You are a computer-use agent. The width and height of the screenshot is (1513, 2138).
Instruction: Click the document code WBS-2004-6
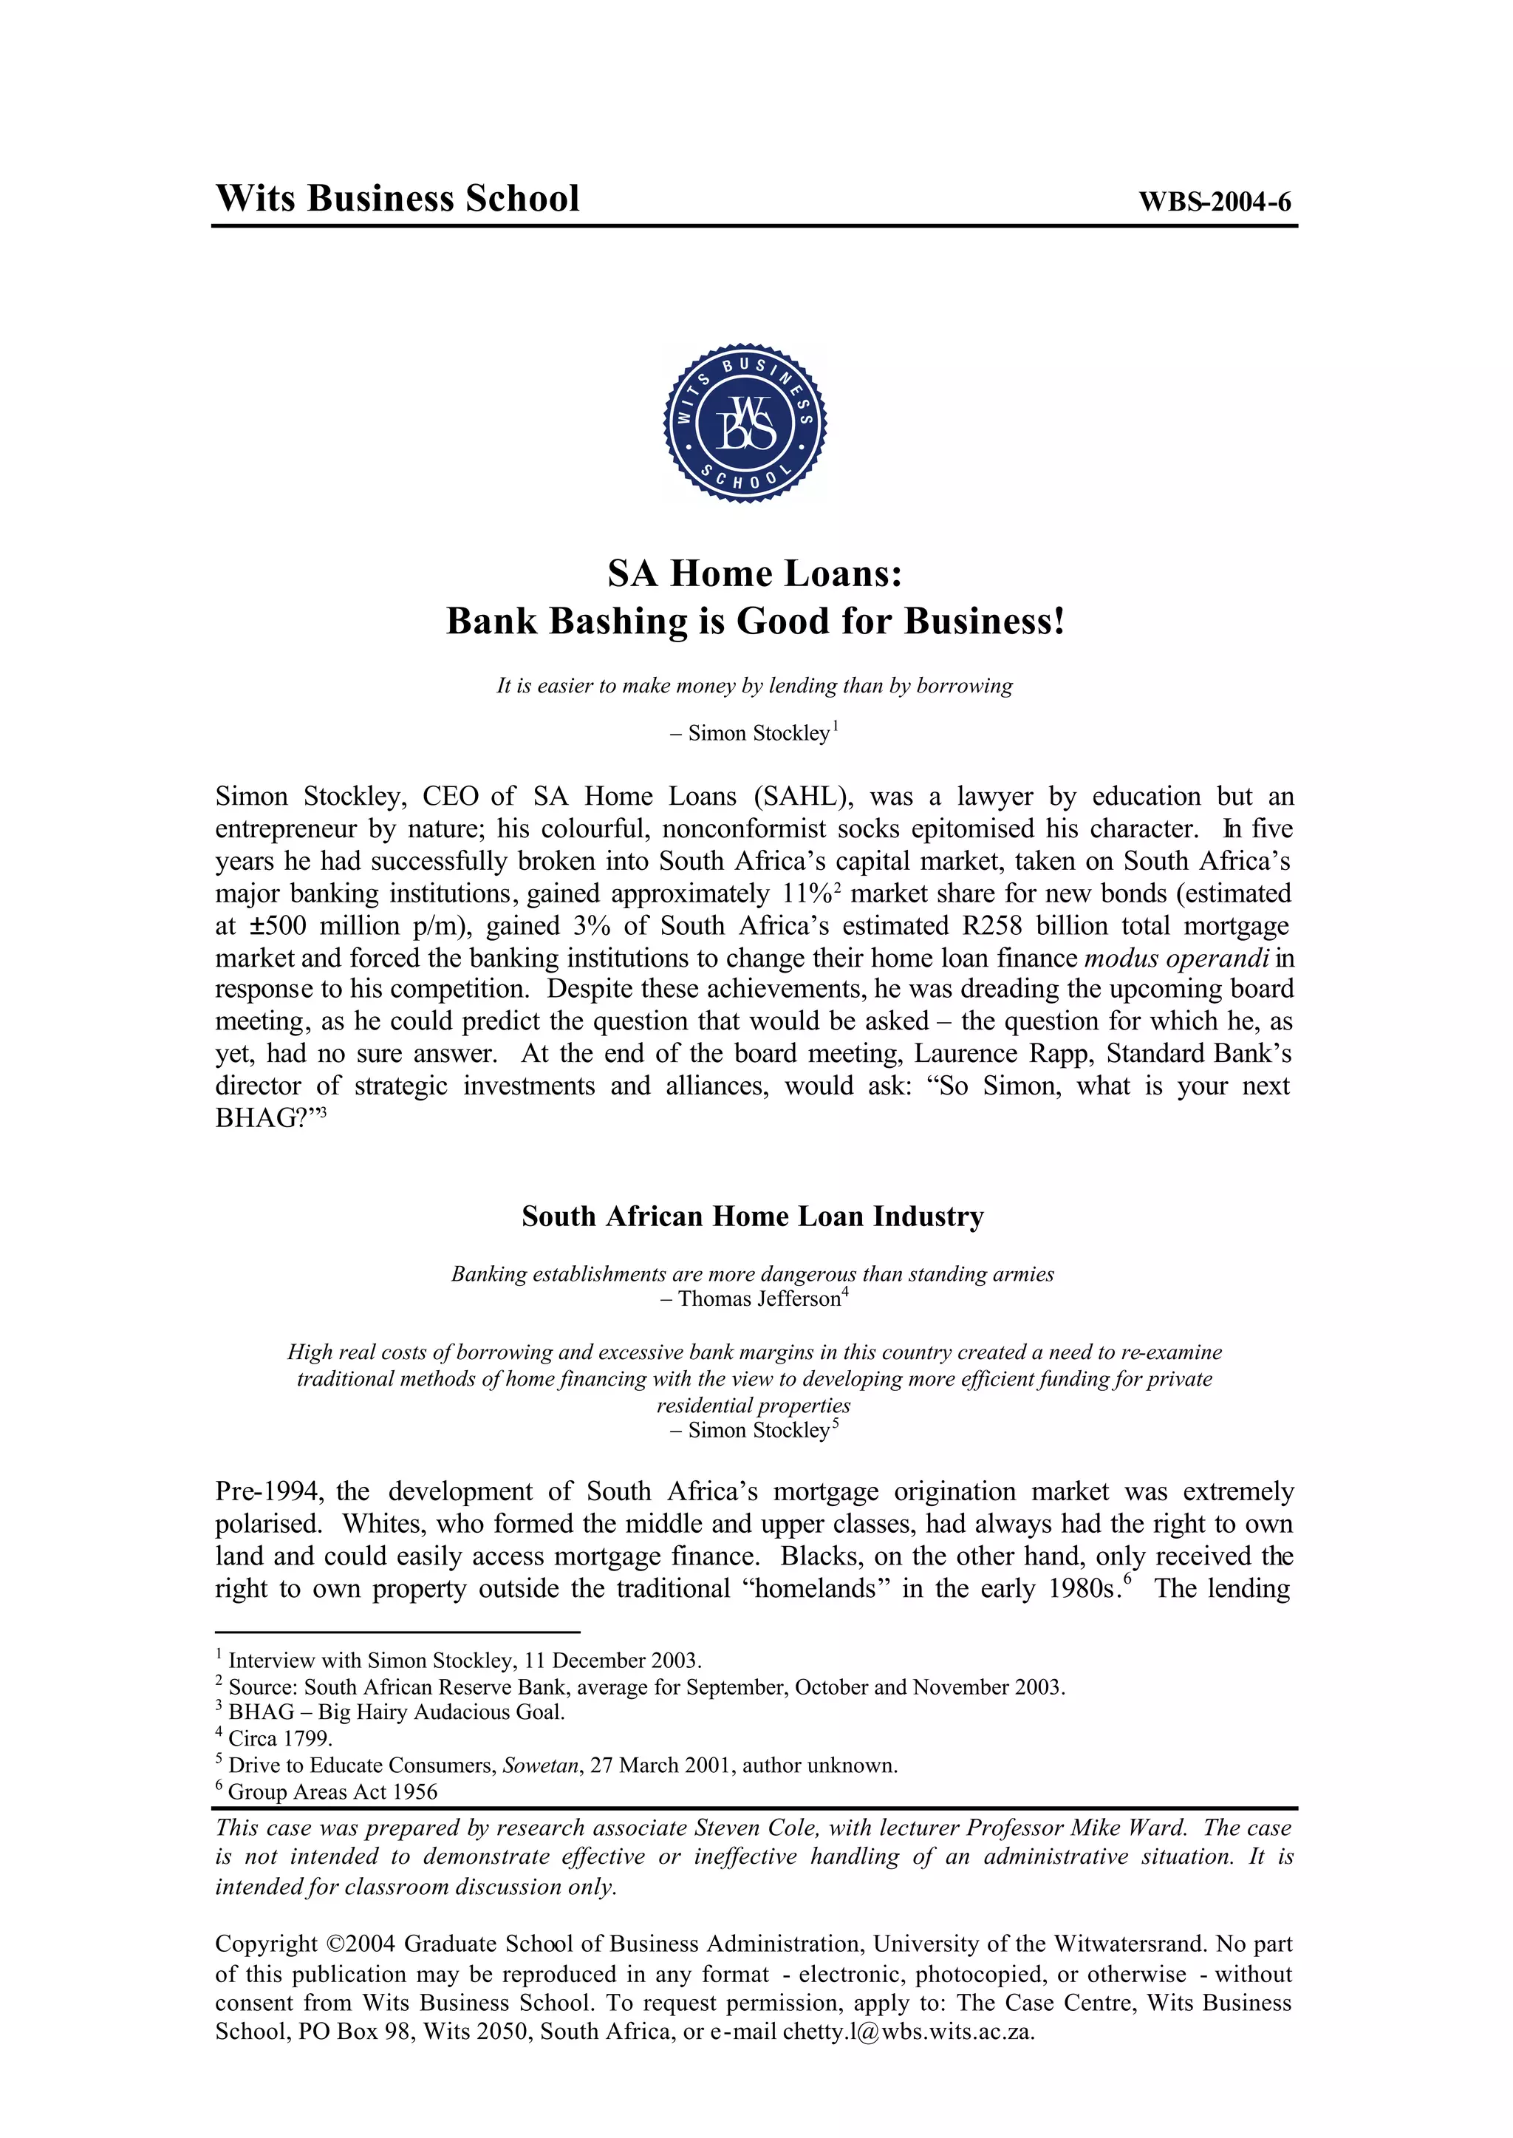pos(1214,202)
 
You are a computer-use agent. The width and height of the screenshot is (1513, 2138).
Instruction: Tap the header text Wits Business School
pos(397,199)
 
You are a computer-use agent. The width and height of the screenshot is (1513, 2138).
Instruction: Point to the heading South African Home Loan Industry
pos(753,1216)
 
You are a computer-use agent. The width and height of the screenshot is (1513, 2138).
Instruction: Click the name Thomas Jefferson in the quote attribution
pos(759,1299)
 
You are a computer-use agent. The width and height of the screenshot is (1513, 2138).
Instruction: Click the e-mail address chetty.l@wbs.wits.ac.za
pos(909,2032)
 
